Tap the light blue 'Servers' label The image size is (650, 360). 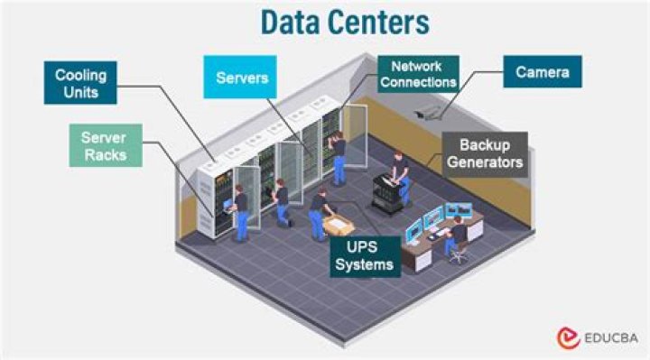click(x=242, y=78)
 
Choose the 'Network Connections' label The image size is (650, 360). click(x=418, y=74)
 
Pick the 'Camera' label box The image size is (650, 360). click(x=543, y=71)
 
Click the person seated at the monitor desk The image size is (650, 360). click(x=457, y=232)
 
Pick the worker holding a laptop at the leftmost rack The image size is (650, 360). click(x=240, y=213)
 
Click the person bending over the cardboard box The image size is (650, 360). click(x=319, y=213)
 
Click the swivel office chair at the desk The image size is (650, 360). click(x=459, y=250)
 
